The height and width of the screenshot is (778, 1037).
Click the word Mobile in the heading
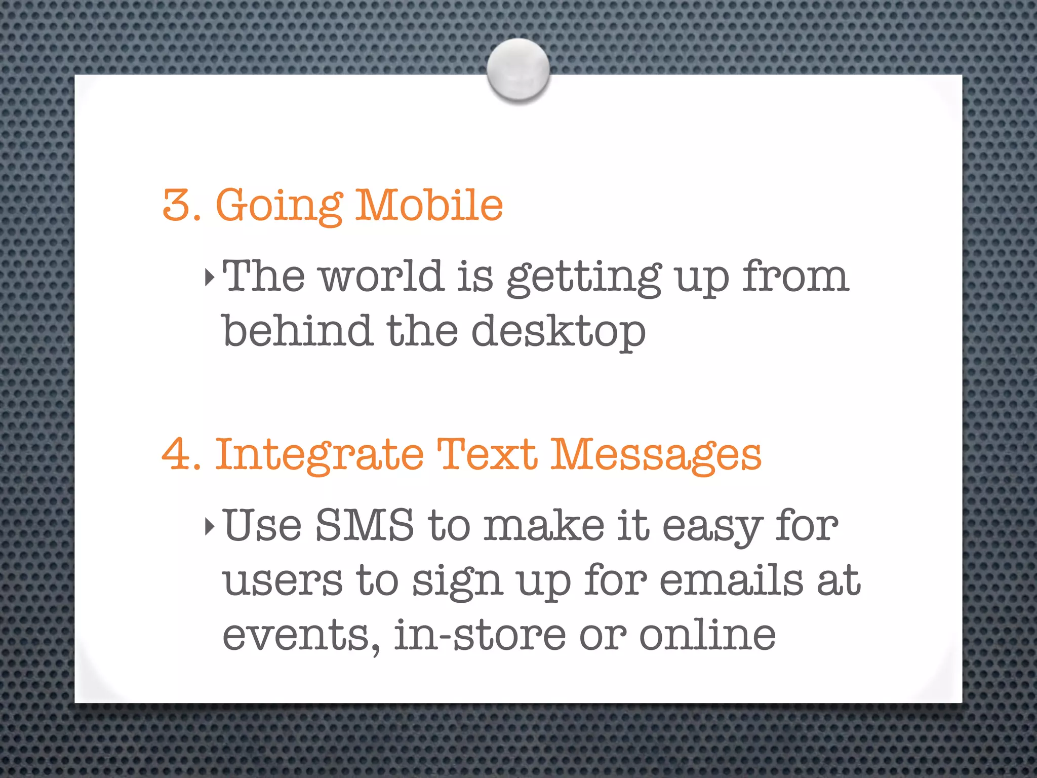pyautogui.click(x=429, y=205)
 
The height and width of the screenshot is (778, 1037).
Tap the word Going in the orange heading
pyautogui.click(x=280, y=205)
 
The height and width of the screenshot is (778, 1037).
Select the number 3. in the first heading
pyautogui.click(x=181, y=205)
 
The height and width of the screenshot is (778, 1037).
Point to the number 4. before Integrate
pyautogui.click(x=181, y=454)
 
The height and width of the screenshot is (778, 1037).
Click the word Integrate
pyautogui.click(x=320, y=454)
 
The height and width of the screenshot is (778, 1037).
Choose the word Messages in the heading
pyautogui.click(x=656, y=454)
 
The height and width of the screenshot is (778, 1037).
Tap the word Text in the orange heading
pyautogui.click(x=487, y=454)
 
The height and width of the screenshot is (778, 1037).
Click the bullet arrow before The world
pyautogui.click(x=210, y=278)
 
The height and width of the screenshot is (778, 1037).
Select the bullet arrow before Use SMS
pyautogui.click(x=210, y=527)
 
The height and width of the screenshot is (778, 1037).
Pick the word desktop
pyautogui.click(x=559, y=332)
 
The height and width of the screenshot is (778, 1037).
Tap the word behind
pyautogui.click(x=298, y=331)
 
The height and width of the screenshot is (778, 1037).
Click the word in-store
pyautogui.click(x=480, y=635)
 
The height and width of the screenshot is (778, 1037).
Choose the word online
pyautogui.click(x=707, y=635)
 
